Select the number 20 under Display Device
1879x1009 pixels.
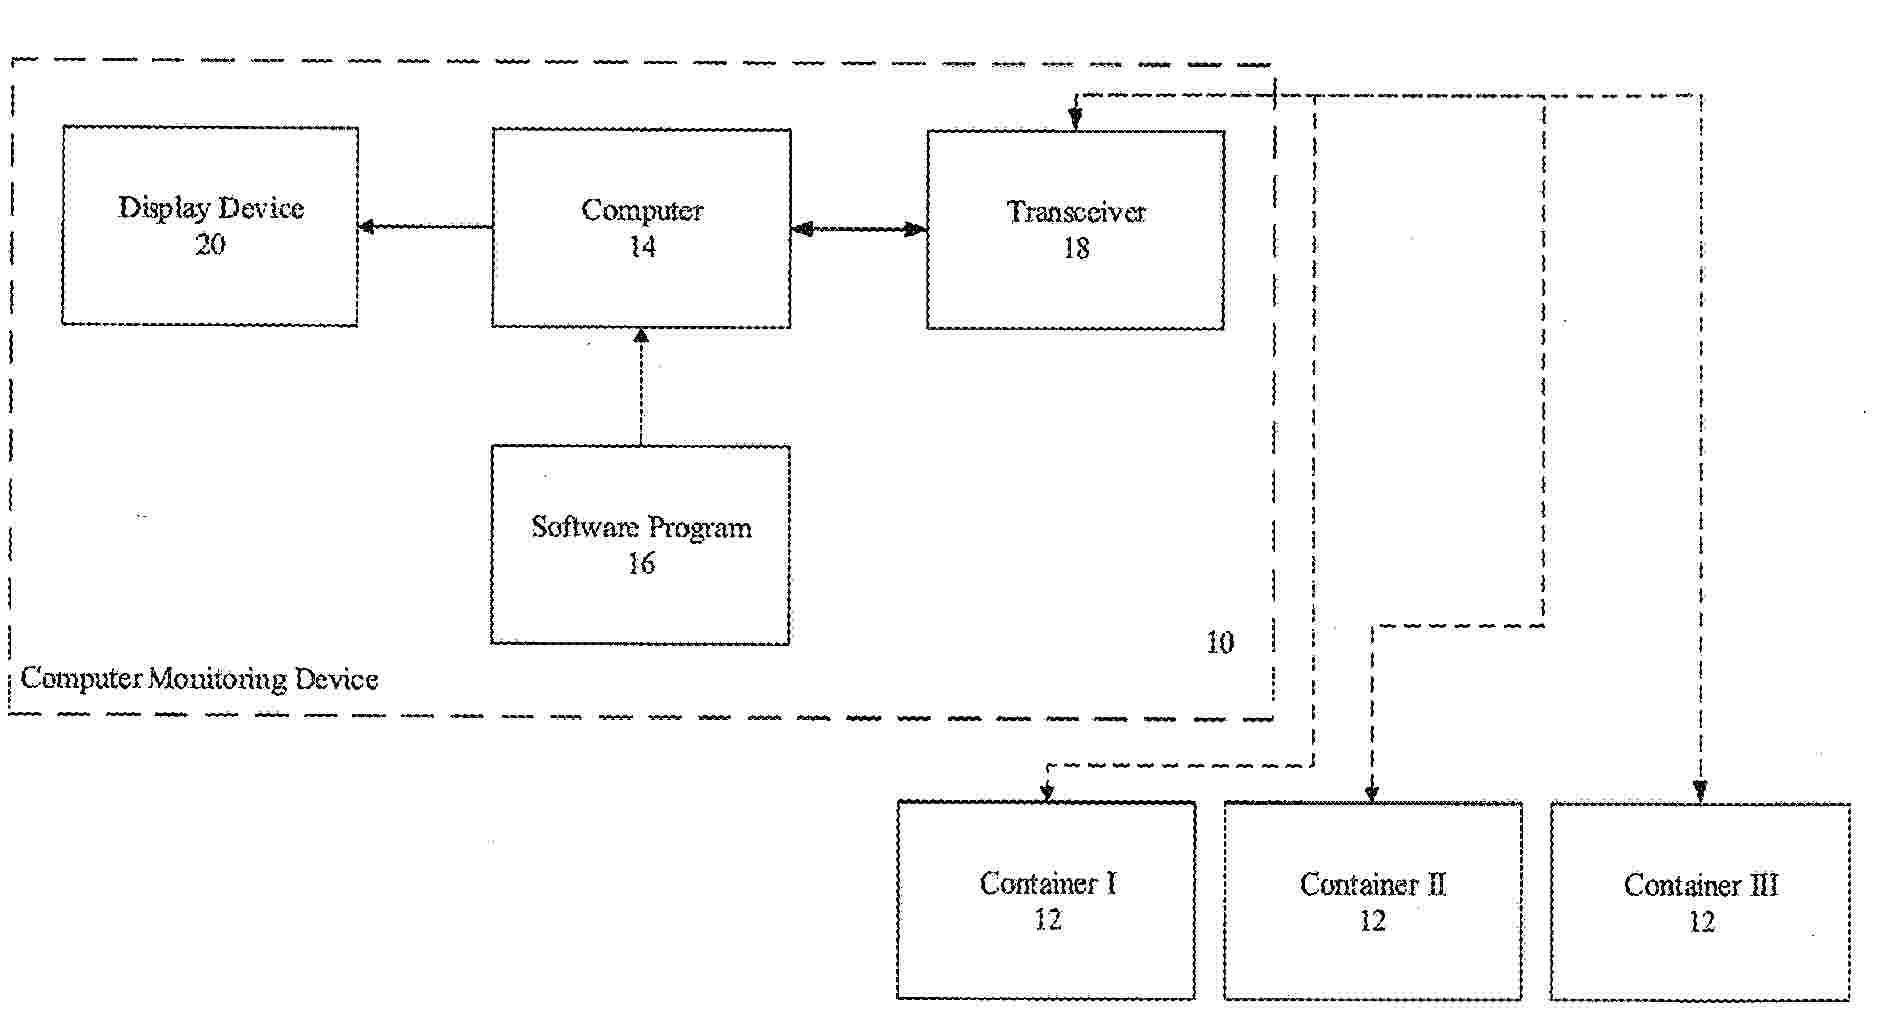210,245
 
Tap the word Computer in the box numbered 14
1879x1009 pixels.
642,210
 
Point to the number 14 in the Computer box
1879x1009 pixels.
642,247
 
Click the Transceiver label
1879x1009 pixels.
1076,212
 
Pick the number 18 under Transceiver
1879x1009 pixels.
1076,249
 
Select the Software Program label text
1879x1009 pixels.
641,527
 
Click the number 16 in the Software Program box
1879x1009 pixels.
641,564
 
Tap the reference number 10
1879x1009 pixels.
1220,643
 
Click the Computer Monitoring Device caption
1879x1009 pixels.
199,679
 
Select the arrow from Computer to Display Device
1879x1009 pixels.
425,227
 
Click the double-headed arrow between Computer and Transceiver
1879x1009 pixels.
859,230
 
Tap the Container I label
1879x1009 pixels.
1048,883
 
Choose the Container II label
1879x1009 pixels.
1373,884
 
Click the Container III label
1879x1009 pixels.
1701,885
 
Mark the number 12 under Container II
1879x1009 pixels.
1373,921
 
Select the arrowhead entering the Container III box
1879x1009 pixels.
1700,791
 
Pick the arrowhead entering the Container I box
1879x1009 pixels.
1047,791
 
